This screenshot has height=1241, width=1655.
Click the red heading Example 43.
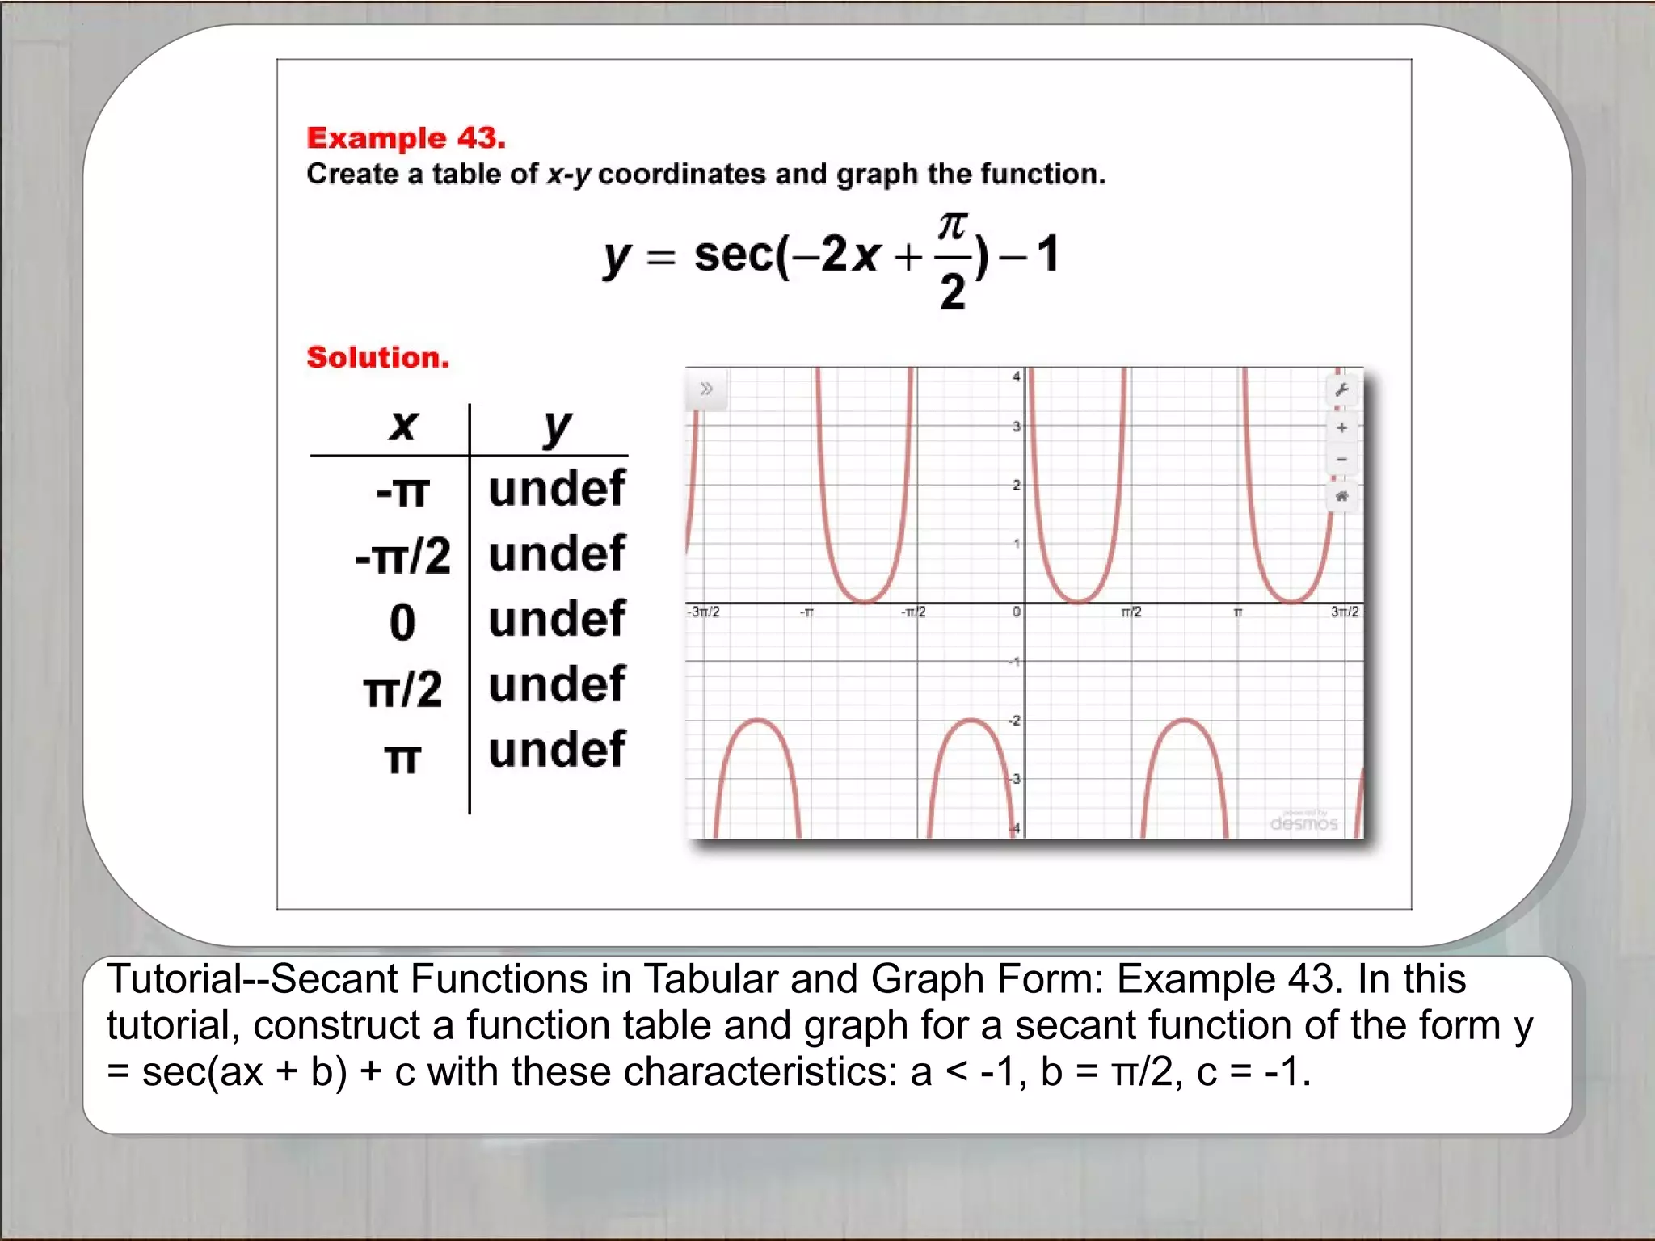point(406,138)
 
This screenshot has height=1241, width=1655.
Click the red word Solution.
point(377,357)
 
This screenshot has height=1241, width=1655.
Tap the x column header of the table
point(403,425)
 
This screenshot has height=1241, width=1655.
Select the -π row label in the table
point(402,491)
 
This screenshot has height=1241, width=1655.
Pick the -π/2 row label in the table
point(402,557)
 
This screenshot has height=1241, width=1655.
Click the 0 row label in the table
point(402,622)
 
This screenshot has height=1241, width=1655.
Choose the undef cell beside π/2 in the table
point(557,685)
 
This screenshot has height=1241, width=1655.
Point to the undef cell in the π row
point(557,750)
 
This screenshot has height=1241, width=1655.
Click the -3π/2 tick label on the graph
point(703,612)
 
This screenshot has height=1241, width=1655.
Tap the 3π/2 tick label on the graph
point(1345,612)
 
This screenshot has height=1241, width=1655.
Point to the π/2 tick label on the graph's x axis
point(1131,612)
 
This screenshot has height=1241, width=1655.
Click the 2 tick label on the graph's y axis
point(1016,485)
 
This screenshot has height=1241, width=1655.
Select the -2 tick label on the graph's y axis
point(1013,721)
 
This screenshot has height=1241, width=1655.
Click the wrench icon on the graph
point(1341,390)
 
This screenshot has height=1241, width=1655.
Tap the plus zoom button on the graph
point(1341,427)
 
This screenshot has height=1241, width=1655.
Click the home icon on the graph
point(1341,496)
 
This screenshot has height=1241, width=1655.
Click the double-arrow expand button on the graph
point(706,389)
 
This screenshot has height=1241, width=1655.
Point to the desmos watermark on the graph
point(1303,822)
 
